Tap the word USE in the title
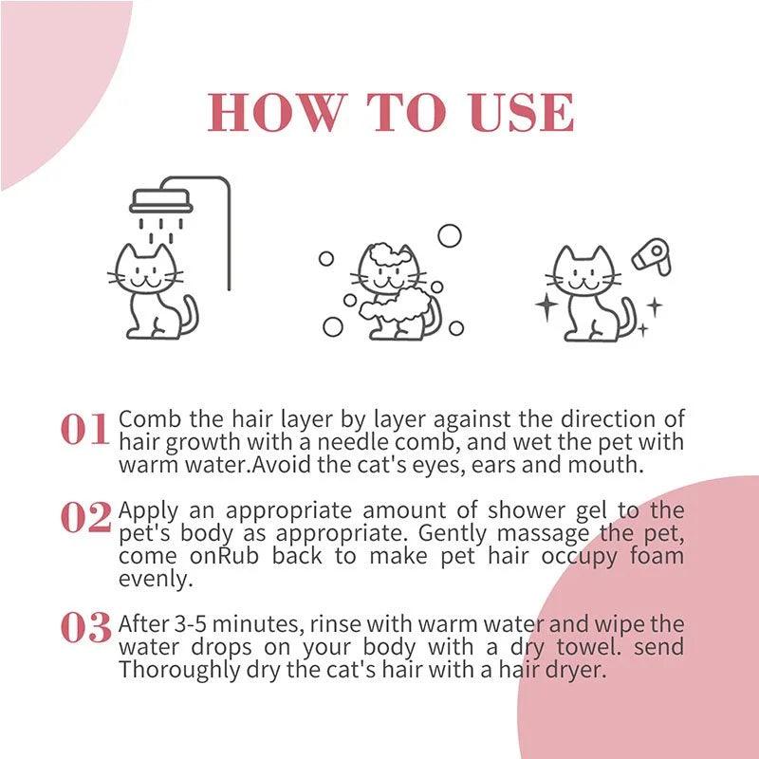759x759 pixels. pos(522,112)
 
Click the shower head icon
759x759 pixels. pos(160,199)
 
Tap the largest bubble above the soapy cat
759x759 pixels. pos(449,235)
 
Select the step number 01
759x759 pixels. pos(85,430)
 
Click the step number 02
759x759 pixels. pos(85,518)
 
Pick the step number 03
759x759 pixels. pos(85,628)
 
